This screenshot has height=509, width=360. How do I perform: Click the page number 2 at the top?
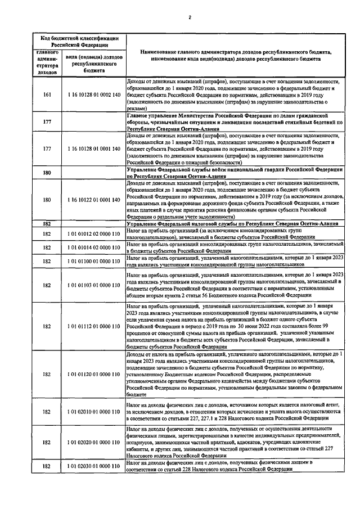pos(190,17)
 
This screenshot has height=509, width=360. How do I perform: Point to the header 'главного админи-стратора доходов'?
pos(47,62)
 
